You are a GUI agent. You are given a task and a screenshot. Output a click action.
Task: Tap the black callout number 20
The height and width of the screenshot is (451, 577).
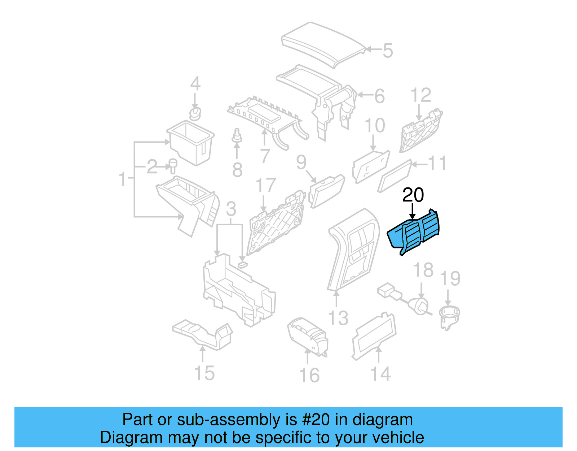point(413,195)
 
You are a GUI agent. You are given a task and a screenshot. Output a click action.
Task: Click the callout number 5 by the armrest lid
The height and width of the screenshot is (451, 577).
point(387,51)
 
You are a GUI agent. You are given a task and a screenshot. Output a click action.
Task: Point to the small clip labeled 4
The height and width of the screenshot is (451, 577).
point(195,114)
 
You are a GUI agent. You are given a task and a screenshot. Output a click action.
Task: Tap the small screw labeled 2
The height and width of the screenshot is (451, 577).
point(173,165)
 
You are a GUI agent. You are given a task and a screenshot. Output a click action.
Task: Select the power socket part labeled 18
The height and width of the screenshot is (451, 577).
point(420,305)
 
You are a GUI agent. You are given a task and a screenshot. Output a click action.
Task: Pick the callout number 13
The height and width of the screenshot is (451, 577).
point(338,318)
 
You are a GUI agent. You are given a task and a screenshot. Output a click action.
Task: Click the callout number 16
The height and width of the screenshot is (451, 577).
point(309,375)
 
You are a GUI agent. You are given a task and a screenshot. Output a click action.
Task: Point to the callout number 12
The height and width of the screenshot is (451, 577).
point(420,95)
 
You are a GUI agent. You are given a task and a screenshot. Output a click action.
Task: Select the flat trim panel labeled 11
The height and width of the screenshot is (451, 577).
point(395,176)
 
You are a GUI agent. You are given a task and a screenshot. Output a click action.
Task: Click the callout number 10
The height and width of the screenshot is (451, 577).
point(375,126)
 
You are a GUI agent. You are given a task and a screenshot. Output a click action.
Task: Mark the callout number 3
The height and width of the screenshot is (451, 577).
point(231,209)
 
